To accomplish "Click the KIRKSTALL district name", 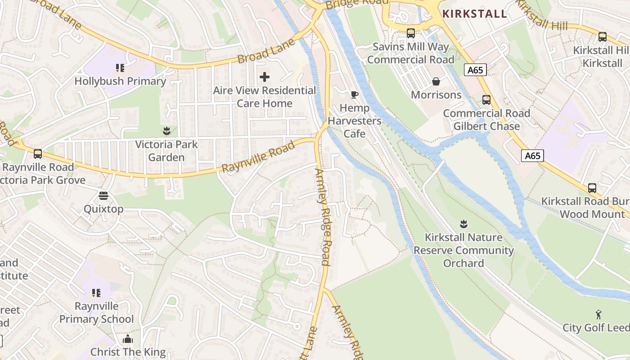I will point(475,13).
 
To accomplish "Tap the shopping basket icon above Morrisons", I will point(436,81).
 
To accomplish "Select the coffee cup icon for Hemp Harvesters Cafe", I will point(355,94).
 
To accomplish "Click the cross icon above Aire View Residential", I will point(265,77).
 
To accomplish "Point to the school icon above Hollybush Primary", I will point(120,68).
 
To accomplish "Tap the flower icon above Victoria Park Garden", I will point(166,131).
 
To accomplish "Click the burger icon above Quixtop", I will point(103,196).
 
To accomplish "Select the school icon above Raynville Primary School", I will point(96,293).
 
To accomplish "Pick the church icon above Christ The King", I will point(128,338).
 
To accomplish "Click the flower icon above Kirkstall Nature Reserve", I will point(463,224).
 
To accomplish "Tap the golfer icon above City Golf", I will point(598,314).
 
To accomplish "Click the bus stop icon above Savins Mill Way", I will point(410,33).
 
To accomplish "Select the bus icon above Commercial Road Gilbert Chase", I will point(486,100).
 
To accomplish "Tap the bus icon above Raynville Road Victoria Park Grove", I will point(38,154).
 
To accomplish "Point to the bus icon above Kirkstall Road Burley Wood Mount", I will point(592,188).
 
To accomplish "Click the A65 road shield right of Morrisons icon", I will point(475,70).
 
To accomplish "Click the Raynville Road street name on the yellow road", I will point(258,156).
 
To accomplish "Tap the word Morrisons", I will point(436,95).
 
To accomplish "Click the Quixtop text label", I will point(103,209).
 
